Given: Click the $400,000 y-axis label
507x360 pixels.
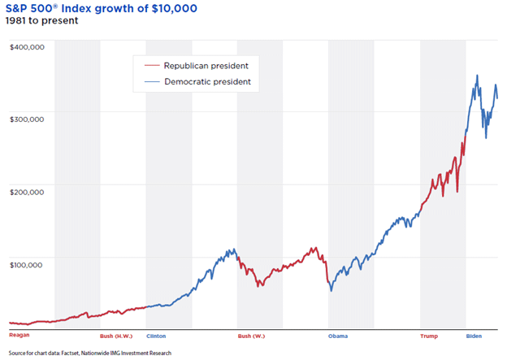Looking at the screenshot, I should click(27, 47).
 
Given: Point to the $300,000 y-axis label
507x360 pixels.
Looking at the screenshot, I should click(27, 117).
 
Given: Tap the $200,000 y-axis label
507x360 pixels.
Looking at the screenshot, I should click(27, 187).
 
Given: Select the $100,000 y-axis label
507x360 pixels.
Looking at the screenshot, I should click(27, 258).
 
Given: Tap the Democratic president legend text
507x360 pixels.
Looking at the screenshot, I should click(208, 82).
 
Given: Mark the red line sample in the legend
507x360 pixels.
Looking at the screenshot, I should click(151, 65).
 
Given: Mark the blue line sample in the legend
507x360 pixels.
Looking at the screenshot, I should click(151, 82).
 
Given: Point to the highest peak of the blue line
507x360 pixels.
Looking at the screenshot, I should click(477, 76).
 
